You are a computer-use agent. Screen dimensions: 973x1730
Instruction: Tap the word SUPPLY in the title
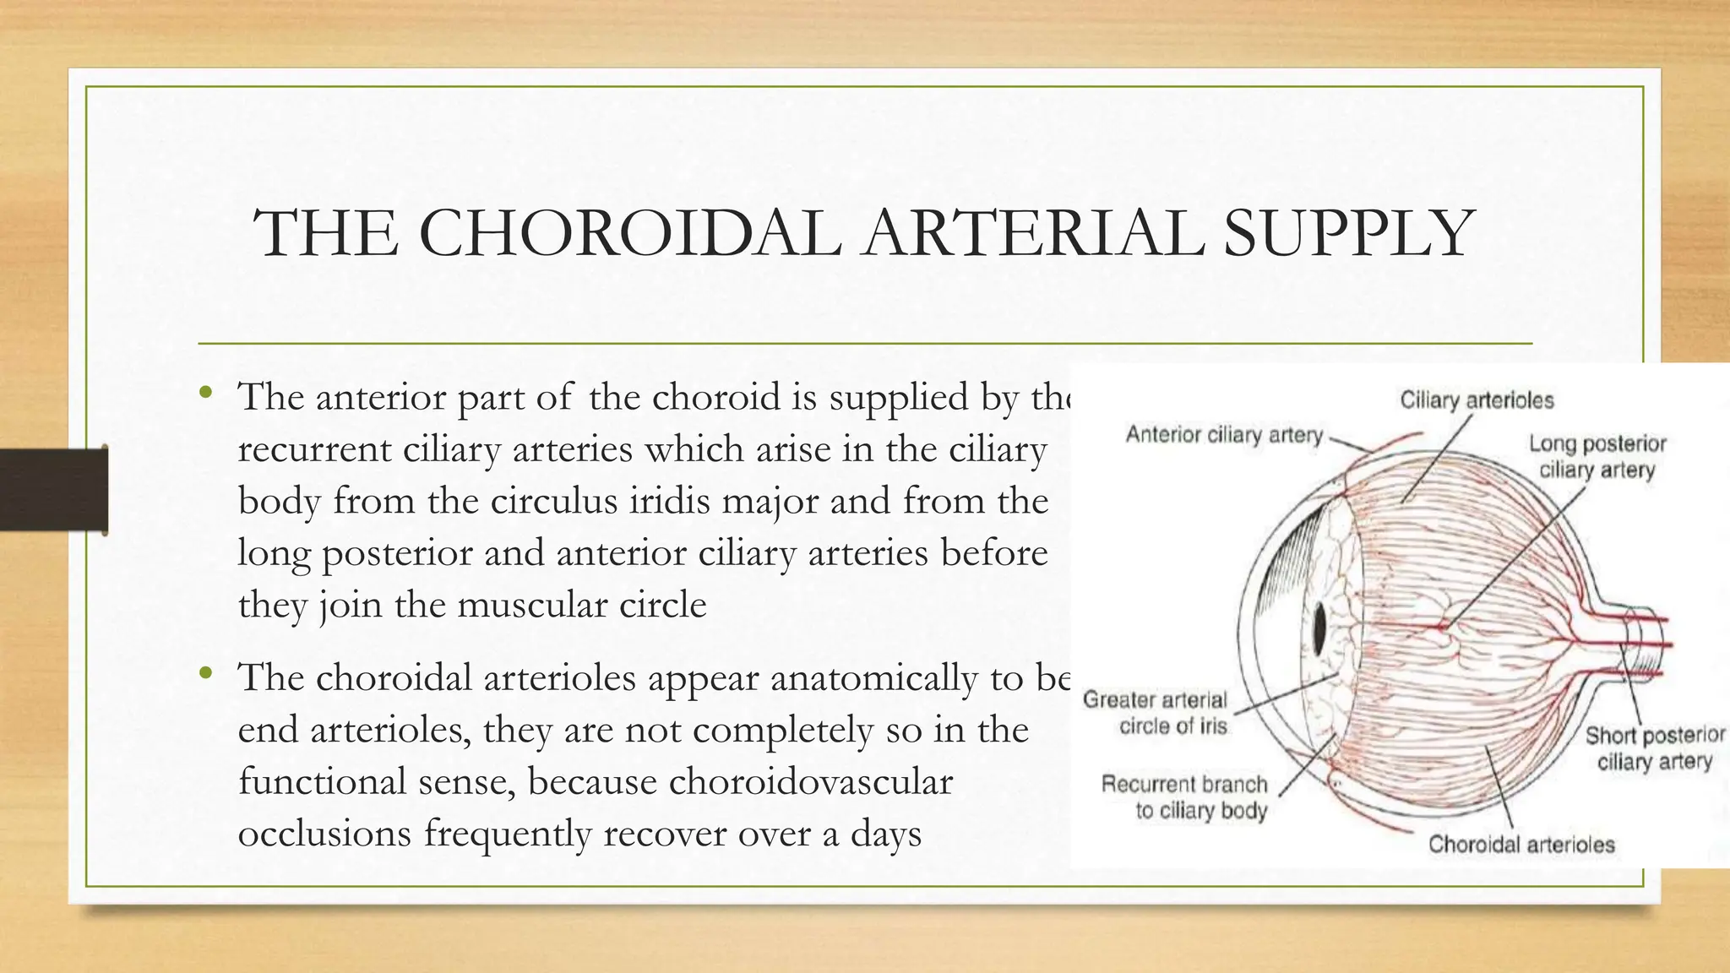1348,234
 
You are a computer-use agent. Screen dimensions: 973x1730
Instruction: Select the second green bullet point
205,673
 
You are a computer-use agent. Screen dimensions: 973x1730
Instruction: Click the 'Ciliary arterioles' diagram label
1477,400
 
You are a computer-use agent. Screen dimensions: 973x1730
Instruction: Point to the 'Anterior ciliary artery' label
1224,435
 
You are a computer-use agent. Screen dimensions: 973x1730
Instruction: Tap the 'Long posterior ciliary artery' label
1597,456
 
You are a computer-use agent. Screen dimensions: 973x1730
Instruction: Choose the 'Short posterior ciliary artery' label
1654,748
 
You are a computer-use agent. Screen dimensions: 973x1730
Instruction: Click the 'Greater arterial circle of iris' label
1155,713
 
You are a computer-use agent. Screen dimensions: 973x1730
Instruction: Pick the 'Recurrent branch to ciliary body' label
1185,797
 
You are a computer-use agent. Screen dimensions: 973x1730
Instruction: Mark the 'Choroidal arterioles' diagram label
1521,844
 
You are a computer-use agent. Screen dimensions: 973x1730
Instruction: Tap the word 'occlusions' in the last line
324,834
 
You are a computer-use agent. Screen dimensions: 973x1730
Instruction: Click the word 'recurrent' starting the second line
314,449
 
